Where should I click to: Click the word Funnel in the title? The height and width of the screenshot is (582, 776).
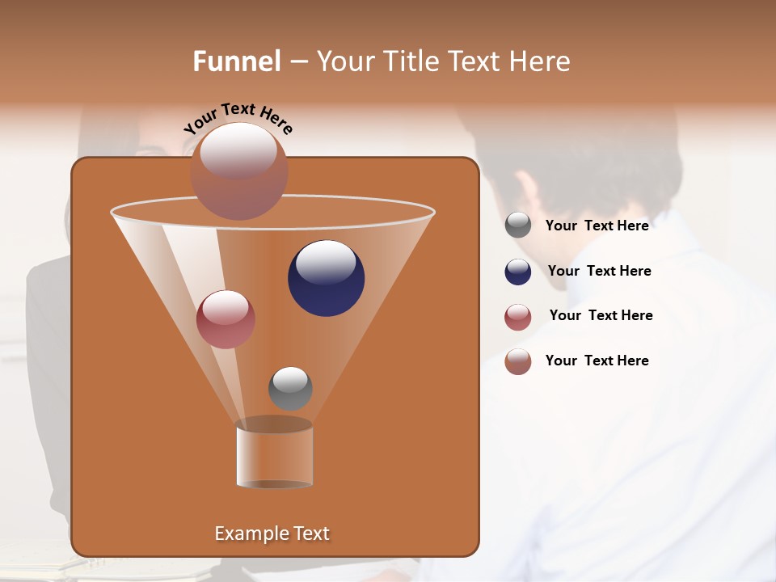point(237,61)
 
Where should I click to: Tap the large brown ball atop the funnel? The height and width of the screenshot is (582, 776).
point(238,171)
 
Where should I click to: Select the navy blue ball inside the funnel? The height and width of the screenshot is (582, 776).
point(327,278)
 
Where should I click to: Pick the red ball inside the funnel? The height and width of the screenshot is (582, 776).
point(226,319)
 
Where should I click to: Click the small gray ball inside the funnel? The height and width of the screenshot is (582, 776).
point(290,389)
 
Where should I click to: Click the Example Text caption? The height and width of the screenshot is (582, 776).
point(272,533)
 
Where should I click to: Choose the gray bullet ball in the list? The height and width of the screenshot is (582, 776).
point(518,226)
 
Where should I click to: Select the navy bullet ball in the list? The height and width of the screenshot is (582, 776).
point(518,272)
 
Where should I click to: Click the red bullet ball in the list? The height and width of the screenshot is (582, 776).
point(518,317)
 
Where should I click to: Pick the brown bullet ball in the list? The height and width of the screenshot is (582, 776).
point(518,361)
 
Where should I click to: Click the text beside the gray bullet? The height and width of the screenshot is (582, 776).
point(597,226)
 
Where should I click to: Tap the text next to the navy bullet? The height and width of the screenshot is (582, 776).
point(599,272)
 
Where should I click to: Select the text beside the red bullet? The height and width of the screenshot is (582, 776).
point(601,316)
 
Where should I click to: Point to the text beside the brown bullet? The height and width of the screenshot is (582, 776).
point(597,361)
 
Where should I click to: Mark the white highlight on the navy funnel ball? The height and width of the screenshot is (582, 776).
point(326,262)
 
